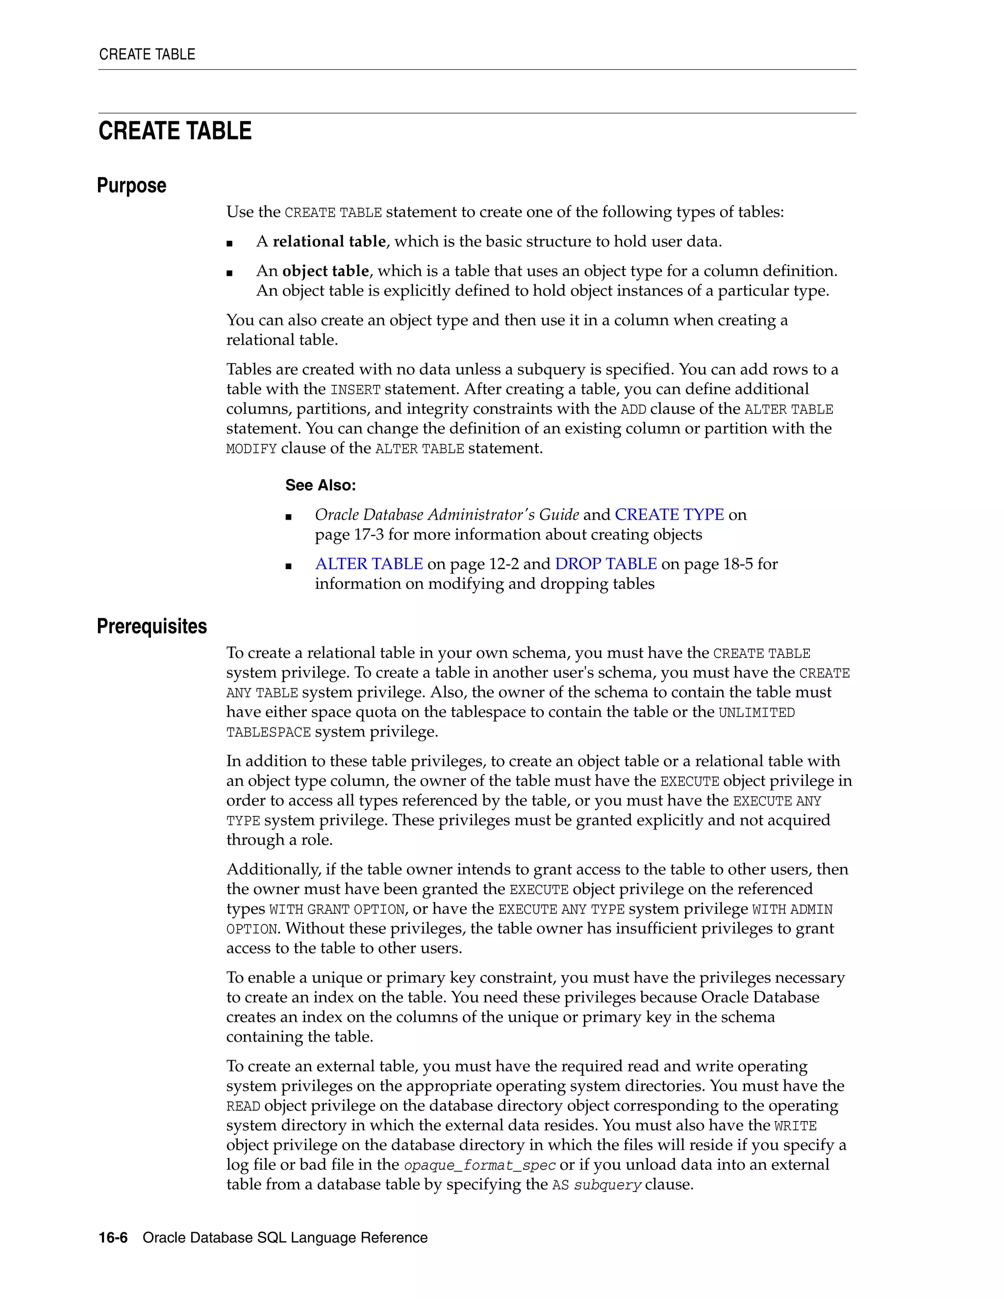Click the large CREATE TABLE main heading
[x=175, y=131]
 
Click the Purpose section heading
[x=131, y=186]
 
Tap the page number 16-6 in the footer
[x=113, y=1238]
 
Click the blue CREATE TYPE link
[x=669, y=515]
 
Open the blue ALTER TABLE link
[x=369, y=564]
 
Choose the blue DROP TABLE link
[x=605, y=564]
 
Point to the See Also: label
[x=320, y=485]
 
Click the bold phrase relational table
[x=329, y=242]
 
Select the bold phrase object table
[x=326, y=271]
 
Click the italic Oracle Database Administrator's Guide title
[x=447, y=515]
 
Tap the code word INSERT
[x=355, y=390]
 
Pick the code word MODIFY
[x=251, y=449]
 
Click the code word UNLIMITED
[x=756, y=713]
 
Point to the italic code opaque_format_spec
[x=479, y=1165]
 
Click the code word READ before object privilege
[x=243, y=1107]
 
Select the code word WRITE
[x=795, y=1126]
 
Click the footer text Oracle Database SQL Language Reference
[x=285, y=1238]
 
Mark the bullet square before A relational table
[x=229, y=243]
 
